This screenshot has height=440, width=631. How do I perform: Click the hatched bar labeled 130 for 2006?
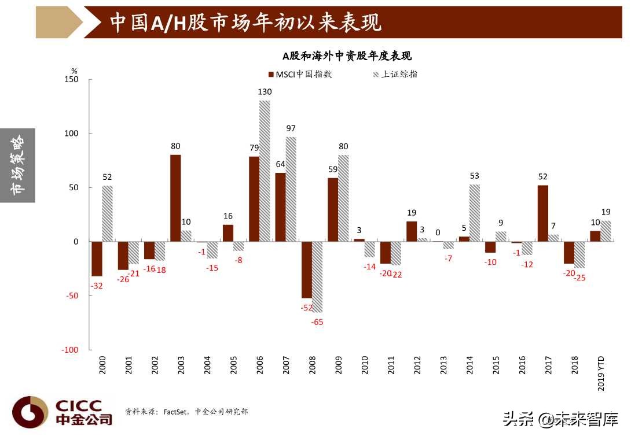pos(265,171)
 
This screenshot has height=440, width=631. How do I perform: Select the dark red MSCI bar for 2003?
pos(175,198)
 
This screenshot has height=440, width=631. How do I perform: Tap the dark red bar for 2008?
pos(307,269)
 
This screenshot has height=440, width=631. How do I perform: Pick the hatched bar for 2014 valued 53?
pos(475,213)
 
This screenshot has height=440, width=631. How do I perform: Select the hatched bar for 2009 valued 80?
pos(343,198)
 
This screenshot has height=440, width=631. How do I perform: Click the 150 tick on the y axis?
pos(71,79)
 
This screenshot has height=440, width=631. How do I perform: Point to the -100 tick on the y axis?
pos(69,350)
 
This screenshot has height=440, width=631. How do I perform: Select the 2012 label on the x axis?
pos(417,367)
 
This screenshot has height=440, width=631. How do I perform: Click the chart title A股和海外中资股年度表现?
pos(347,56)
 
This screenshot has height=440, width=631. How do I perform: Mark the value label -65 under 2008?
pos(317,322)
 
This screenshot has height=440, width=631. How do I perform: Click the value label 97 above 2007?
pos(291,128)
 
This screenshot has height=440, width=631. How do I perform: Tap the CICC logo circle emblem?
pos(30,412)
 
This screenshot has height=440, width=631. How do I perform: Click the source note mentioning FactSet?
pos(186,412)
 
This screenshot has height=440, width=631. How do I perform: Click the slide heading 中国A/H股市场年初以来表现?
pos(245,23)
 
